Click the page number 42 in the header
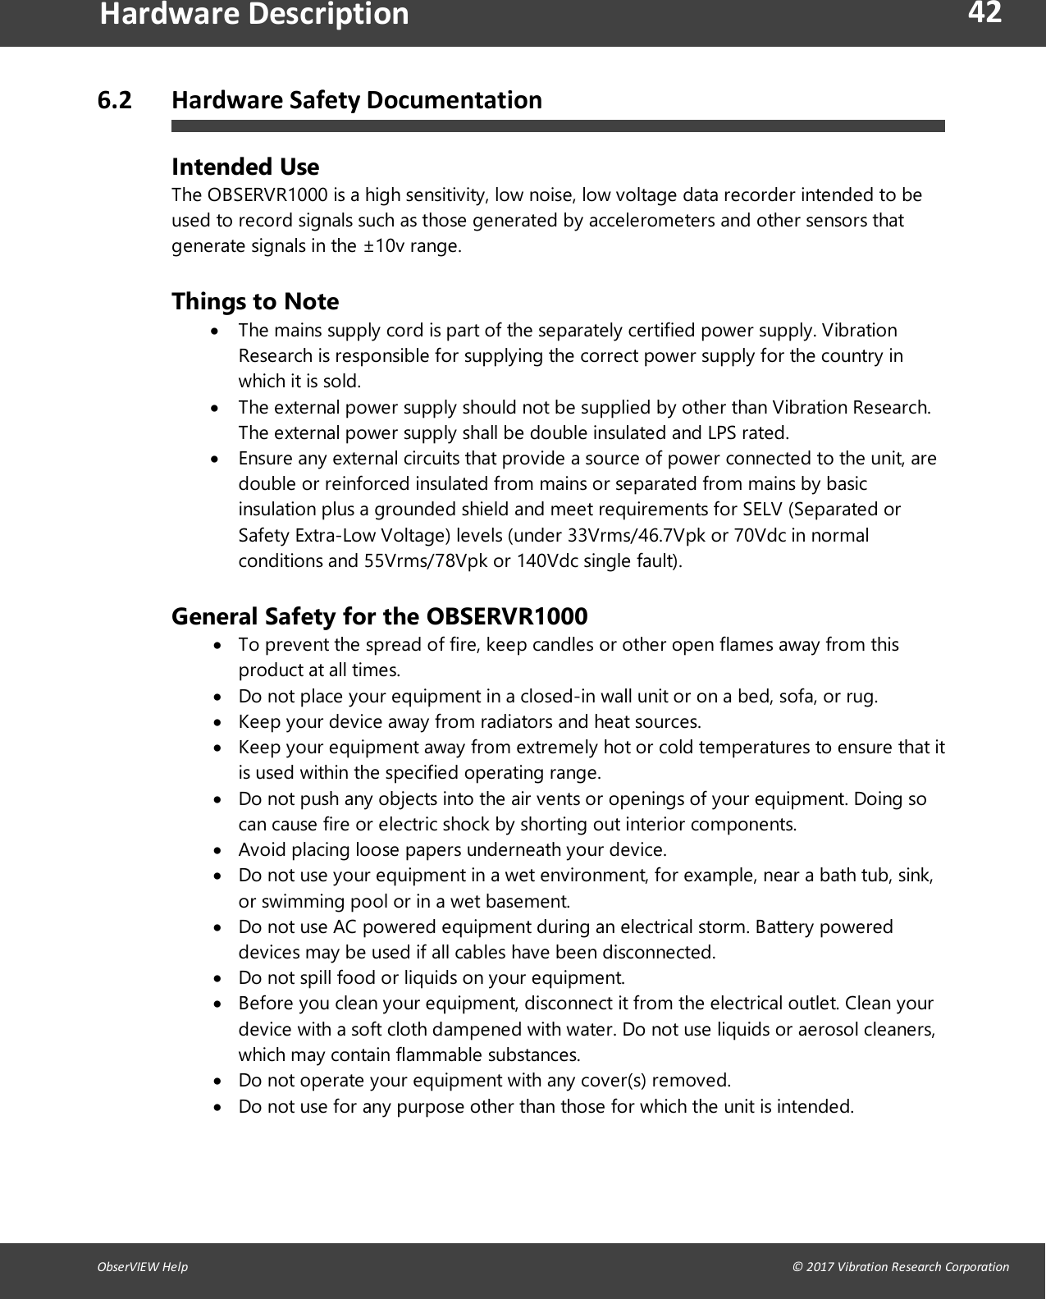(x=984, y=13)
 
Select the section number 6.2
(x=114, y=100)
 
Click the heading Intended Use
(x=244, y=167)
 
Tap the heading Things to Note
(x=254, y=301)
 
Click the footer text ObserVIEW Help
(x=142, y=1266)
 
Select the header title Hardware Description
(x=254, y=14)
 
